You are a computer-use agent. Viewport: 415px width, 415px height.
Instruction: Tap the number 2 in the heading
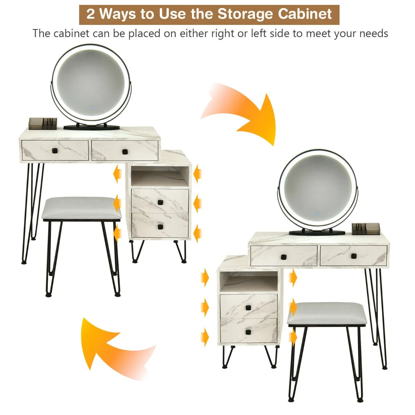point(91,14)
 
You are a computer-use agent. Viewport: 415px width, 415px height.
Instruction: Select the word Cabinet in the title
point(305,14)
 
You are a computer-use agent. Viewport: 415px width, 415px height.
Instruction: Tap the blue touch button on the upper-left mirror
point(92,108)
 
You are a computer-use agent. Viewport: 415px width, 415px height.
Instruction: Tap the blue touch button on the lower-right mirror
point(317,213)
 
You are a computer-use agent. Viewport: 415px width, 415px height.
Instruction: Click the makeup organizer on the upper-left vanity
point(43,123)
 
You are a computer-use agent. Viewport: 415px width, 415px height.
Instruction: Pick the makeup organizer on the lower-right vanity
point(366,229)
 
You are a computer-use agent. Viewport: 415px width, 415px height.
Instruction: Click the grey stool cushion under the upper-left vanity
point(81,208)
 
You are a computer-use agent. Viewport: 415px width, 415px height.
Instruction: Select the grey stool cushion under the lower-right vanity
point(328,313)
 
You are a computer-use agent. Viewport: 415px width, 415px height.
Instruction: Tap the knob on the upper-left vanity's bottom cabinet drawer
point(160,227)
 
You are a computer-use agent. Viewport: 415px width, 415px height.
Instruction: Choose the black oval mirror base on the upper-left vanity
point(92,128)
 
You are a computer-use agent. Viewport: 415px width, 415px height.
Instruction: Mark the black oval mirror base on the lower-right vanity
point(317,233)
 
